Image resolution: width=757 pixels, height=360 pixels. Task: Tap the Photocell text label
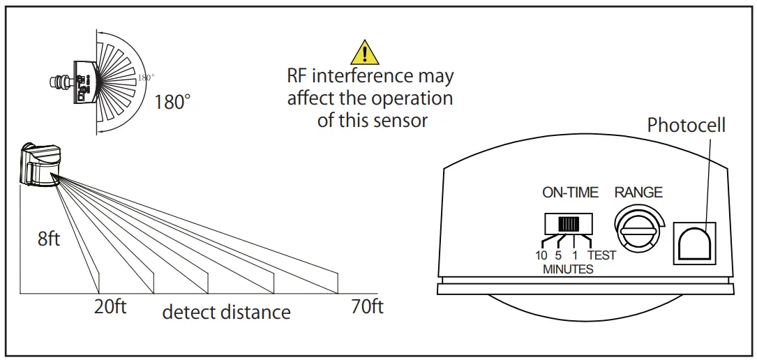click(x=686, y=126)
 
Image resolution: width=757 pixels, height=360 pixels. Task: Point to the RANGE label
click(x=638, y=193)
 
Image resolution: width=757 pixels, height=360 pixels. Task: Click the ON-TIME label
click(x=570, y=193)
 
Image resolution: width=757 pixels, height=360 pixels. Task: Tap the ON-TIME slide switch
click(x=569, y=225)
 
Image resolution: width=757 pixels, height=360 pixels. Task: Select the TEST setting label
click(x=601, y=255)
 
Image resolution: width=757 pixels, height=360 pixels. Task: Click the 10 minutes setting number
click(x=541, y=255)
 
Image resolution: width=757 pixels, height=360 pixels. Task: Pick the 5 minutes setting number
click(x=558, y=255)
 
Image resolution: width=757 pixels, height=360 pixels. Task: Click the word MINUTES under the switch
click(x=568, y=269)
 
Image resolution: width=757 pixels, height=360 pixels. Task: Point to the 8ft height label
click(x=49, y=239)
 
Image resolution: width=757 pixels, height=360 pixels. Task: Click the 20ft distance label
click(x=110, y=307)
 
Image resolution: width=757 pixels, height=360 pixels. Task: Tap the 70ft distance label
click(x=366, y=307)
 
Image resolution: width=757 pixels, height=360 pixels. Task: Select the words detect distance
click(x=226, y=312)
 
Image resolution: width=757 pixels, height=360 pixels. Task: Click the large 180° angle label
click(x=172, y=102)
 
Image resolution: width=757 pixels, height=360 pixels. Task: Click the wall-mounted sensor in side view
click(x=40, y=165)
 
